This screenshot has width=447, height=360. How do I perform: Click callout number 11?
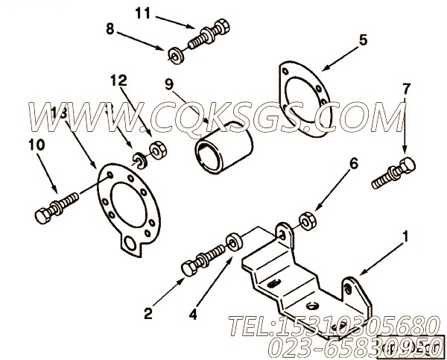(x=142, y=12)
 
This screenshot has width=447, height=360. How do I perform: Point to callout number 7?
(x=406, y=89)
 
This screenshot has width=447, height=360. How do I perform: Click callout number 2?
(x=148, y=314)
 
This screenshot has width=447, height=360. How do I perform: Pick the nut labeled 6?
(x=305, y=221)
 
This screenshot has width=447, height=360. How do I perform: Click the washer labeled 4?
(x=235, y=241)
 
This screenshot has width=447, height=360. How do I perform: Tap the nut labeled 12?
(x=158, y=150)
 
